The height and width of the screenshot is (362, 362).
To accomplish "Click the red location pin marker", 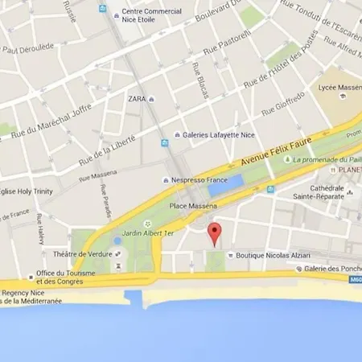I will point(214,234).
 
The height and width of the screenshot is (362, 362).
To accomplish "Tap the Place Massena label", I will point(189,206).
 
